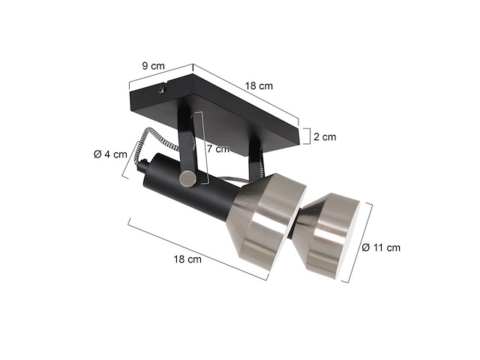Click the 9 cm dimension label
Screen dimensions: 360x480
click(x=153, y=66)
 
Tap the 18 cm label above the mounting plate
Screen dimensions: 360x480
click(x=259, y=86)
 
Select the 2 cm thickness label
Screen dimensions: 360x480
click(x=325, y=137)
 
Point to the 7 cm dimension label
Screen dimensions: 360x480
click(x=217, y=148)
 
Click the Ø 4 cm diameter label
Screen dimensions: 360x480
click(x=108, y=154)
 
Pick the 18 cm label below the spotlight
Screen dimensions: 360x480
click(x=187, y=259)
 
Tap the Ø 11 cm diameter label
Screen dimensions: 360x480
click(x=381, y=247)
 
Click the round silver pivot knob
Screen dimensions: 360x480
click(x=187, y=178)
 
